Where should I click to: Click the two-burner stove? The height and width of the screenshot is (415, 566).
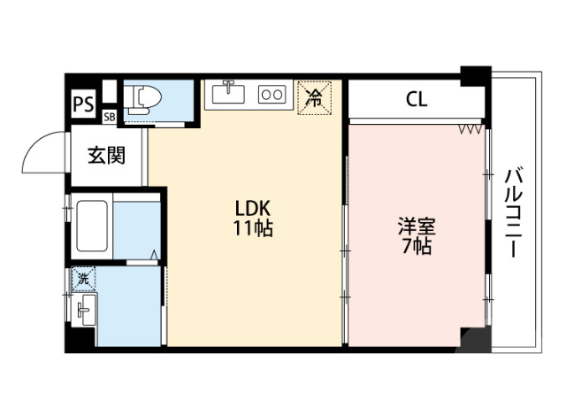272,93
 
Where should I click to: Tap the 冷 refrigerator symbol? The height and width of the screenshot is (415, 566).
313,96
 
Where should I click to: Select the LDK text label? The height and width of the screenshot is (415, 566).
253,210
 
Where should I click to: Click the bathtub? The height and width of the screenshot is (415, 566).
93,226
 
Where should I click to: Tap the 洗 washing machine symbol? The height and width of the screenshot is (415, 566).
82,277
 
